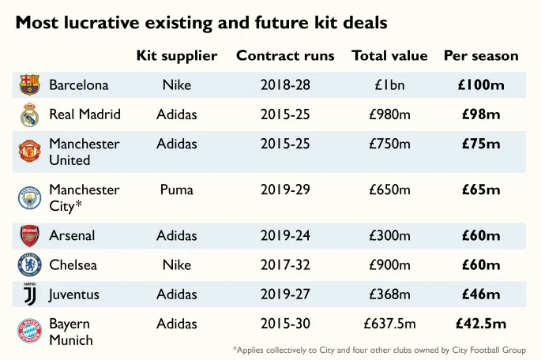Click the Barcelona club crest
click(x=29, y=84)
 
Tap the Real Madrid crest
click(x=29, y=115)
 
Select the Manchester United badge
click(x=29, y=151)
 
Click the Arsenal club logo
click(x=29, y=235)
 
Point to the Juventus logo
click(x=29, y=294)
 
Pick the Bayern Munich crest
click(x=29, y=331)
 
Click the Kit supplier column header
click(x=176, y=56)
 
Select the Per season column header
click(x=481, y=56)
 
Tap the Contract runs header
click(x=285, y=56)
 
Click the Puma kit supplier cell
click(x=176, y=190)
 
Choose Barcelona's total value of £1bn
click(x=389, y=84)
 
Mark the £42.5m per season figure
click(x=481, y=324)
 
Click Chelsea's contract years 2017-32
click(x=285, y=265)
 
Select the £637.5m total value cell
click(x=389, y=324)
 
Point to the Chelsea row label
click(x=73, y=265)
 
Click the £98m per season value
click(x=481, y=114)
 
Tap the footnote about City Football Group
click(x=385, y=350)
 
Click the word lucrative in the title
click(x=106, y=22)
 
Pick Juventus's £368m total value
click(x=389, y=294)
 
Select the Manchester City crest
click(x=29, y=197)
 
